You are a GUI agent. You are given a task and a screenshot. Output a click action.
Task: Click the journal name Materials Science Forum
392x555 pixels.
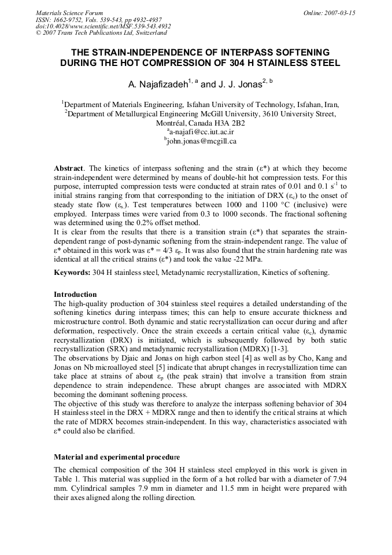click(69, 13)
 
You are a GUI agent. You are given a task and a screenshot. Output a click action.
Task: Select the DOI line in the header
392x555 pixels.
click(103, 25)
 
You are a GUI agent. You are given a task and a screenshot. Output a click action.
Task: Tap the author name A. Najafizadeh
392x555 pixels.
click(159, 84)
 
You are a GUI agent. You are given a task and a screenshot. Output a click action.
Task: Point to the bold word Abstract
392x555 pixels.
click(68, 168)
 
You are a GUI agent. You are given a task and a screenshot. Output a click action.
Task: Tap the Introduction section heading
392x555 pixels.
click(75, 295)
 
